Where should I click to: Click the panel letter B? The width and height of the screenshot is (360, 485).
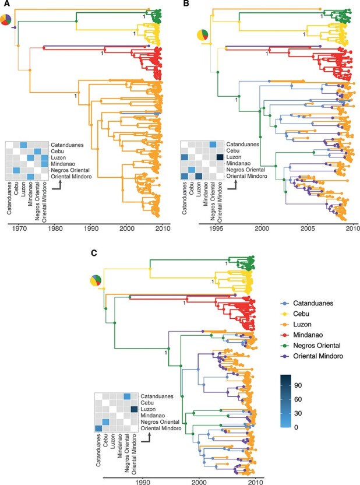(187, 5)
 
